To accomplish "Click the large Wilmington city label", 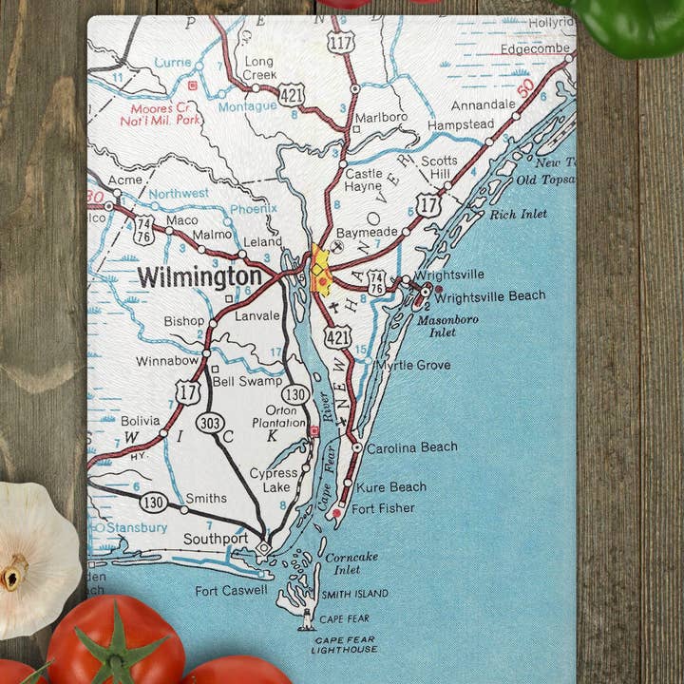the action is click(199, 277).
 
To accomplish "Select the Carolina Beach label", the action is click(411, 446).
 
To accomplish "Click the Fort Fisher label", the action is click(383, 508).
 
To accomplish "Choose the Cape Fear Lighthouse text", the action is click(344, 644).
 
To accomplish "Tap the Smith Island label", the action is click(354, 594).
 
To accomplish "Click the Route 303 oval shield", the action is click(210, 422).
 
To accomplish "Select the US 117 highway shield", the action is click(340, 41).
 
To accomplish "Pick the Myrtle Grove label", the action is click(413, 365).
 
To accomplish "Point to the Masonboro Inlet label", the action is click(449, 326).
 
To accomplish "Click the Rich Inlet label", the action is click(519, 214).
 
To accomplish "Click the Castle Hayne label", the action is click(364, 180).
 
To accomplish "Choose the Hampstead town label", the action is click(461, 124).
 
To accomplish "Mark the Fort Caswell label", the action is click(233, 591).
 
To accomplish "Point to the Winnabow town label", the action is click(167, 361).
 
